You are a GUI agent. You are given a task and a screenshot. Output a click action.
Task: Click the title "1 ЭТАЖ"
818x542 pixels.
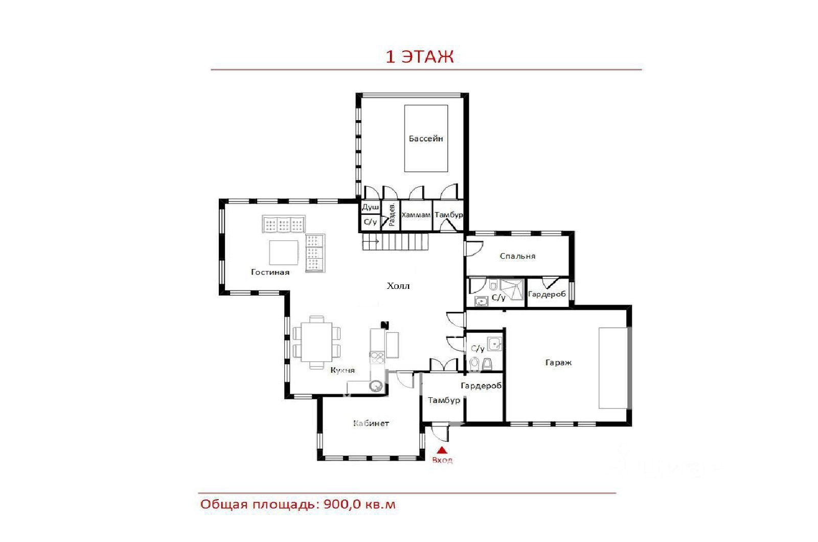(x=420, y=57)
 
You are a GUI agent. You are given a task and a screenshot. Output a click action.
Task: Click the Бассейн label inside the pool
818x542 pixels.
(x=426, y=139)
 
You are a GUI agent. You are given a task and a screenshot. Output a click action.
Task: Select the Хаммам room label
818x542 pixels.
(x=416, y=215)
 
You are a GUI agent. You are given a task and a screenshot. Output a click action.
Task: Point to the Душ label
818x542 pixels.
(x=370, y=207)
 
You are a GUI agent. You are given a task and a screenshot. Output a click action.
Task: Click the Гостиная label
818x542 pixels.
(x=270, y=272)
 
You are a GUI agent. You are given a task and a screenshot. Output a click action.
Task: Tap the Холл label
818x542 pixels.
(x=398, y=286)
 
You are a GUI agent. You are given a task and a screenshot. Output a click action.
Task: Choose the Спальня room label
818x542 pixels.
(x=517, y=256)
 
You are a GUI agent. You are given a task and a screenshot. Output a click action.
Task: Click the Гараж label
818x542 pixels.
(x=558, y=363)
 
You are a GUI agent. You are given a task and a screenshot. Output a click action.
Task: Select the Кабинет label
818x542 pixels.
(x=371, y=423)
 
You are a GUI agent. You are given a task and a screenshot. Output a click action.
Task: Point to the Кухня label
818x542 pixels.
(x=343, y=370)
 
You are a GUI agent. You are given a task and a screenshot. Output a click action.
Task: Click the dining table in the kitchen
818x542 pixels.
(x=316, y=342)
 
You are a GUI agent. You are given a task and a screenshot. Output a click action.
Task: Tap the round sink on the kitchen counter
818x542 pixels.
(x=376, y=386)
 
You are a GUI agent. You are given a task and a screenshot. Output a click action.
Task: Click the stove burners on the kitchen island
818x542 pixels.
(x=377, y=357)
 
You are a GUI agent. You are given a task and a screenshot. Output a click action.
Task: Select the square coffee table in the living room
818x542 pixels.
(x=284, y=253)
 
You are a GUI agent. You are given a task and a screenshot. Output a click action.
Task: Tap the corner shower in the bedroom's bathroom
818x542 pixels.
(x=512, y=289)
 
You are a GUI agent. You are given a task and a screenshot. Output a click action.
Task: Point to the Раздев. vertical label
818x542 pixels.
(x=392, y=215)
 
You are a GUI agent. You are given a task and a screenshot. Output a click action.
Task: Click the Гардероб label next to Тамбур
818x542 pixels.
(x=481, y=386)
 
